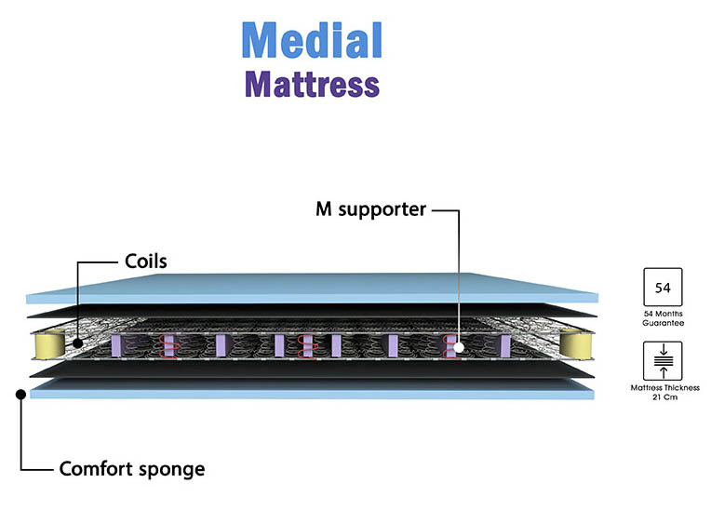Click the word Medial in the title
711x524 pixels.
point(312,41)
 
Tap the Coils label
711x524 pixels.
point(146,261)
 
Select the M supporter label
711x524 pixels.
point(369,208)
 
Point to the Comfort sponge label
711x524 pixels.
point(132,468)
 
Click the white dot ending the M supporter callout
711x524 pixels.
point(459,348)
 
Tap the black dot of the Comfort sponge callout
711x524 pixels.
point(20,394)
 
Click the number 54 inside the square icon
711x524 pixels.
point(664,287)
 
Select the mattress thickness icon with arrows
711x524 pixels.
point(664,360)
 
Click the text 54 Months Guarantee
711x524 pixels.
point(664,319)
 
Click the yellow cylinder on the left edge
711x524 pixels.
point(47,344)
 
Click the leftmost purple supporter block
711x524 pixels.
point(117,345)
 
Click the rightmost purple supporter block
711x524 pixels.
point(503,345)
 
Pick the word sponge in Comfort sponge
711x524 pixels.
point(171,469)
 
